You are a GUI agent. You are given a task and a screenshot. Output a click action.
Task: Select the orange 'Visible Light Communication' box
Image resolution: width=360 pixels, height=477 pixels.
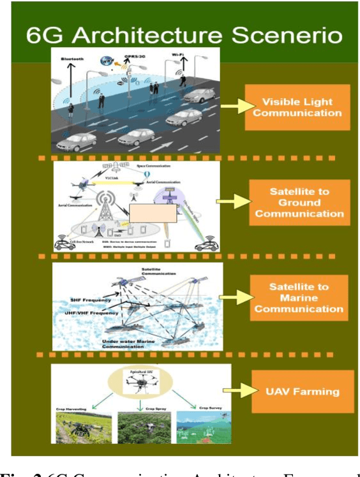point(299,106)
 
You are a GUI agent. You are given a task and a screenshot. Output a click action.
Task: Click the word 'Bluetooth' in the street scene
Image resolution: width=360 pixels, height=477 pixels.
point(72,59)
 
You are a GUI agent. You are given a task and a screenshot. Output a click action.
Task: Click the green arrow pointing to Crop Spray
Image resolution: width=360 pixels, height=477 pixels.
point(139,403)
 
